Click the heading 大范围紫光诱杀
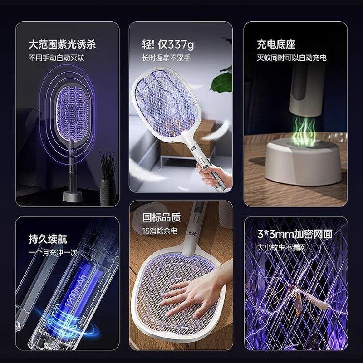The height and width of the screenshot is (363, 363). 62,44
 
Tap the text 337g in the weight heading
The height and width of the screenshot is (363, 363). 181,44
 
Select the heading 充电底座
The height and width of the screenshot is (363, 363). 276,44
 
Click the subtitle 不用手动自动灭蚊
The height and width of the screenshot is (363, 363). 56,58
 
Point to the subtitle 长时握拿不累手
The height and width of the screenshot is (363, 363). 166,58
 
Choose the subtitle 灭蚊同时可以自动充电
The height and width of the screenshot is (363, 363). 292,58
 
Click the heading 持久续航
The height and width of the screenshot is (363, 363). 48,239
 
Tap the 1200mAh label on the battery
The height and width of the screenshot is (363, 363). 77,290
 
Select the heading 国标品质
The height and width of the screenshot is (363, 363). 162,217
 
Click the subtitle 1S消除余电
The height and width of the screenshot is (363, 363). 160,231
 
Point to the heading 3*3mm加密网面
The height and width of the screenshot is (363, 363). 295,234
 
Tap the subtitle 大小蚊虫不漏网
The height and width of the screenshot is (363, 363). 281,247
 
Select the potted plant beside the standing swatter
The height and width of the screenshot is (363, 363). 108,178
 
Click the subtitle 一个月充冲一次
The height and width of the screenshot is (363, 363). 53,252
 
